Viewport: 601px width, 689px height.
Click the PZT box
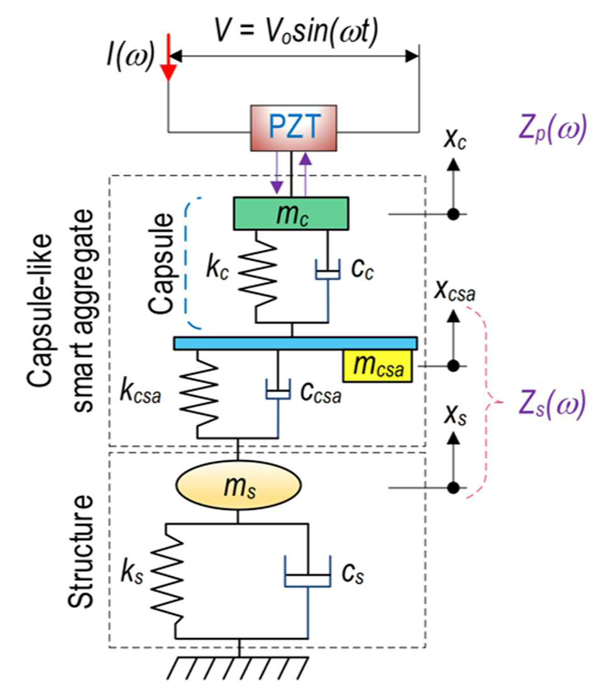294,128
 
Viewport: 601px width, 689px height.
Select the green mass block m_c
291,214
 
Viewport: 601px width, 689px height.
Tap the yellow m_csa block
378,366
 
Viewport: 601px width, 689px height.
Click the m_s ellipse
238,485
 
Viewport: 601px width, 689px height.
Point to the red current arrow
168,57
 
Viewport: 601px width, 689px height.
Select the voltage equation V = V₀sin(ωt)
296,31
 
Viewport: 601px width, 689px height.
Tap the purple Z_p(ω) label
552,129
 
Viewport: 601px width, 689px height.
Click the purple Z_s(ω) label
552,404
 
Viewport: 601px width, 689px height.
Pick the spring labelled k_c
257,276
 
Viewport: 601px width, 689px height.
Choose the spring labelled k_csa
199,394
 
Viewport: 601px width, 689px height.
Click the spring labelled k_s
167,580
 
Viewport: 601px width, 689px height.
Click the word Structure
81,551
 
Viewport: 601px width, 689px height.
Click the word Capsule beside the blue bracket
161,263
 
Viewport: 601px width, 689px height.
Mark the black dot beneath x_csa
453,366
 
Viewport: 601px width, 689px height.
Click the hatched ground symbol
238,668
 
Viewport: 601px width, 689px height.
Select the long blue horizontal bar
295,343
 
